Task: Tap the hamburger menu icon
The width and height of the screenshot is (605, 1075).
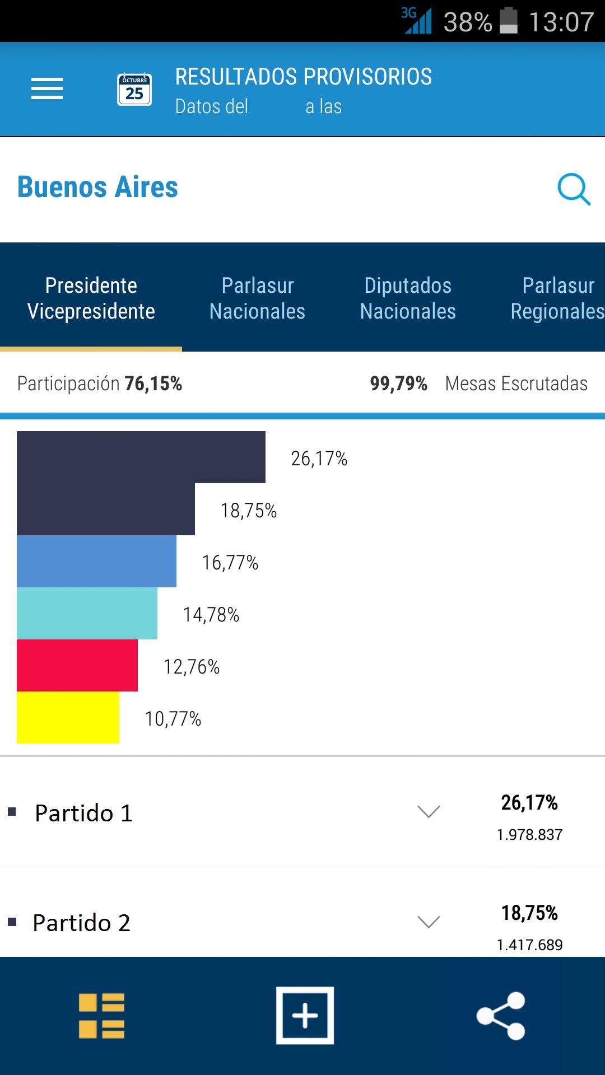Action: coord(47,89)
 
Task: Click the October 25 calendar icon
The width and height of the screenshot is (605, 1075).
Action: coord(134,90)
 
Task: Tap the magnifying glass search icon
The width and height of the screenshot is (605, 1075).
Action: coord(574,189)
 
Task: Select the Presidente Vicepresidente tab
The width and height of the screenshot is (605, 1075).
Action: coord(91,298)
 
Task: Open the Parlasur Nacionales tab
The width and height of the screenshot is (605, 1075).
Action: coord(257,298)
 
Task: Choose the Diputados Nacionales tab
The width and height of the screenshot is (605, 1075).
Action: coord(408,298)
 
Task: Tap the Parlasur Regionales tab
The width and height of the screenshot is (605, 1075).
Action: coord(557,298)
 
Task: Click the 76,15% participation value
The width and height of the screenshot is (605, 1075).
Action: coord(153,384)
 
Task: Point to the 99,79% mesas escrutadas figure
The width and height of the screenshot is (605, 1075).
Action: coord(398,384)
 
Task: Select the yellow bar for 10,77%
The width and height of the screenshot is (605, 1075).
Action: coord(68,717)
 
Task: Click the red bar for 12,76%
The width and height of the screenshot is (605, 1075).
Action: coord(77,665)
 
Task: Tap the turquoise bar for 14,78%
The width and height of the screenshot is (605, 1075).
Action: coord(87,613)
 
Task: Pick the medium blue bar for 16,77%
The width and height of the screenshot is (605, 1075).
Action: coord(96,561)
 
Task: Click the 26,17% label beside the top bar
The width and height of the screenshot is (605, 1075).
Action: coord(319,459)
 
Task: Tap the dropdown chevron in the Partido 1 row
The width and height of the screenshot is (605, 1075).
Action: coord(429,811)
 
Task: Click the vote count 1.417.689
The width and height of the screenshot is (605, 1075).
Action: coord(529,945)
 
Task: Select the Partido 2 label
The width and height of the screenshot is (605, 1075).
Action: coord(82,923)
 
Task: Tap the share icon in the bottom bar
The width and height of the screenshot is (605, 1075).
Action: coord(500,1016)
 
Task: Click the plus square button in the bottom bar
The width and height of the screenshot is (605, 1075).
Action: coord(305,1016)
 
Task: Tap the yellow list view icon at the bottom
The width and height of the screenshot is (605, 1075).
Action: coord(101,1016)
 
